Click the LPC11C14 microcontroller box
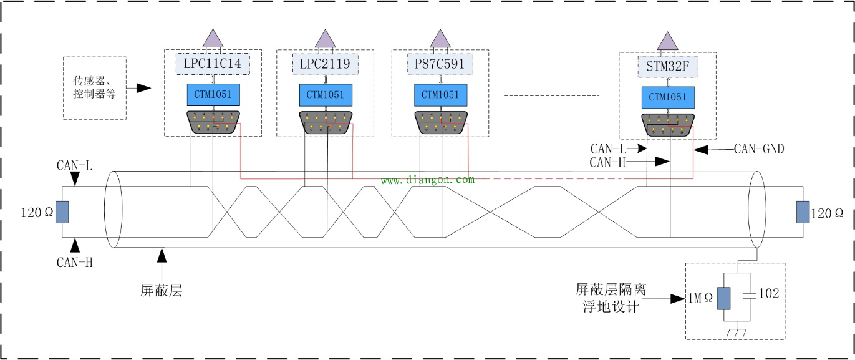(213, 63)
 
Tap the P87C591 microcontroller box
(440, 63)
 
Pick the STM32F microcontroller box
(668, 66)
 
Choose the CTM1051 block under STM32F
(668, 97)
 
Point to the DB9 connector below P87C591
(440, 122)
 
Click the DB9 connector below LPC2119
(326, 122)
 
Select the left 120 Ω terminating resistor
(61, 212)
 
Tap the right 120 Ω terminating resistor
(803, 212)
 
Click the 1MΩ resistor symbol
(723, 298)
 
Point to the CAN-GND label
(758, 148)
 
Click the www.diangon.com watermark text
(427, 180)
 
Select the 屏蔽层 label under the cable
(161, 291)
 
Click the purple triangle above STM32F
(668, 41)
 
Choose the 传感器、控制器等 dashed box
(95, 88)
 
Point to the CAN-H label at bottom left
(75, 262)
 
